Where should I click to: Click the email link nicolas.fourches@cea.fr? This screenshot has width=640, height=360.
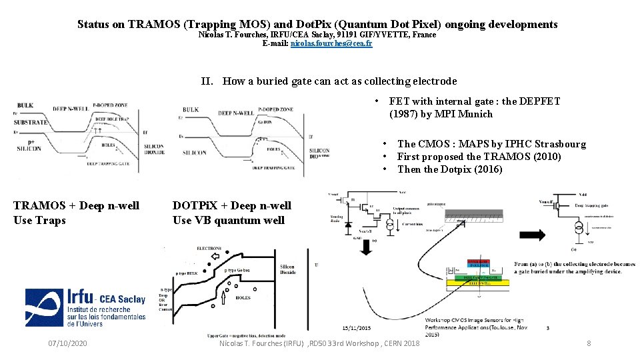point(331,43)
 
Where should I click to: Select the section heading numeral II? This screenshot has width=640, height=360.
point(207,81)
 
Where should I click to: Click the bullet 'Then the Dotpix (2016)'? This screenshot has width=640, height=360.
point(449,169)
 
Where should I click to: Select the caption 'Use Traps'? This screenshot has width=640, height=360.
point(39,220)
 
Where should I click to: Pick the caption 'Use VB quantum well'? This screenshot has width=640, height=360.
point(228,220)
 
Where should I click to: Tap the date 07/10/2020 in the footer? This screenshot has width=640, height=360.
point(68,343)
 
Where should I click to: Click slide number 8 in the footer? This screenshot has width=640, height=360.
point(589,343)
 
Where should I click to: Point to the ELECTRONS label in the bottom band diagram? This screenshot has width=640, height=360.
point(209,248)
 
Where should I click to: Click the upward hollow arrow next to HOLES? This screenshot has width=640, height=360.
point(221,294)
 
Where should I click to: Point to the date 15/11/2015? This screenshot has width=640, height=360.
point(358,328)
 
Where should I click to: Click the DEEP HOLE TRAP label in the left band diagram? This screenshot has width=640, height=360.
point(109,119)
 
